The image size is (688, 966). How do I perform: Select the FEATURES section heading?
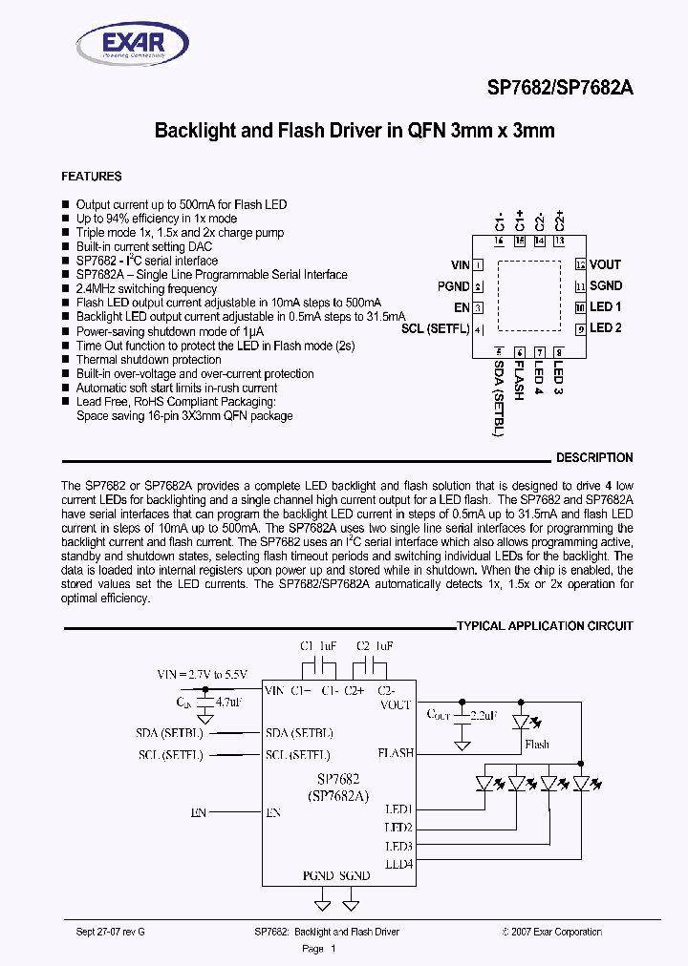click(x=92, y=177)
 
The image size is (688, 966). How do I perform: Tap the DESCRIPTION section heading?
click(x=594, y=458)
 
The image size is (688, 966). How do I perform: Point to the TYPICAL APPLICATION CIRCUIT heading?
click(x=545, y=626)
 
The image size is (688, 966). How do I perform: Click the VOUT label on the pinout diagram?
click(x=605, y=264)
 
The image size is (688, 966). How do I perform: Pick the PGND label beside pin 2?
click(x=453, y=286)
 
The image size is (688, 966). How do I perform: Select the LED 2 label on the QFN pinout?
click(x=606, y=328)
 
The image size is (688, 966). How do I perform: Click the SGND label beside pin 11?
click(x=606, y=285)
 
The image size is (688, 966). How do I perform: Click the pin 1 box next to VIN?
click(x=478, y=265)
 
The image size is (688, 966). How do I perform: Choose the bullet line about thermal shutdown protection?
click(x=148, y=360)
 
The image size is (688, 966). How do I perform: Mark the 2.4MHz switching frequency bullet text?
click(x=146, y=288)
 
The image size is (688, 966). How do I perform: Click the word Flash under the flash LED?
click(x=537, y=745)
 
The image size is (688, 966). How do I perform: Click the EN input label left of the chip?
click(x=199, y=812)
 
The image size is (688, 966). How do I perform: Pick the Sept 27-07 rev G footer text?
click(x=107, y=932)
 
